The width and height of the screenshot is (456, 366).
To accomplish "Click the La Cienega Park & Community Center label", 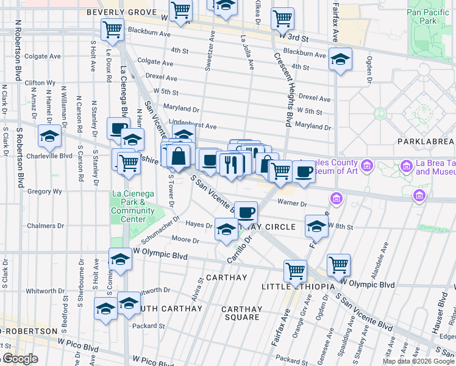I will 133,207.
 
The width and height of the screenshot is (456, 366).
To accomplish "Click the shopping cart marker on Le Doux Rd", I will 112,28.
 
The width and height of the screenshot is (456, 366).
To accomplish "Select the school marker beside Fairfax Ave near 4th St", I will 341,59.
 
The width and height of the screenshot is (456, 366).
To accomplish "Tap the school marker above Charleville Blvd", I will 49,136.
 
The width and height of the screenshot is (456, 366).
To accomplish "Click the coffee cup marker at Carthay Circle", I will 246,212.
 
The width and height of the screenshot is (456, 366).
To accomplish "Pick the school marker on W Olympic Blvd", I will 120,259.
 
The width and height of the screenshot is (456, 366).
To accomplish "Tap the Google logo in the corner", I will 20,359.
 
